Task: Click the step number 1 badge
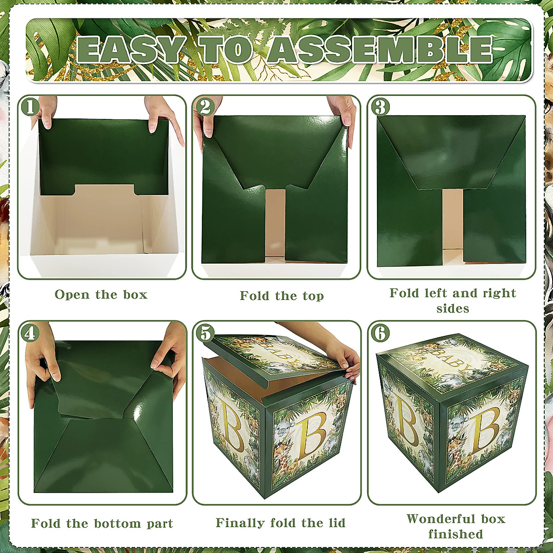pos(30,107)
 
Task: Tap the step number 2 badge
pos(205,107)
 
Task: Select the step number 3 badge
pos(380,107)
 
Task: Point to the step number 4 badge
pos(30,333)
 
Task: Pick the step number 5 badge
pos(205,333)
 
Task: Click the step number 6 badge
pos(380,333)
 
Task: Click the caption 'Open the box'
pos(101,295)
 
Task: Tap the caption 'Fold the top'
pos(282,296)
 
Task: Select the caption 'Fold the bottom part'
pos(102,524)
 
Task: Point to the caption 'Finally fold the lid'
pos(280,523)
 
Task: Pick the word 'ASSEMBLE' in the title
pos(380,50)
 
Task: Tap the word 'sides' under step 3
pos(453,309)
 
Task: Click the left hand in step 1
pos(45,111)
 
